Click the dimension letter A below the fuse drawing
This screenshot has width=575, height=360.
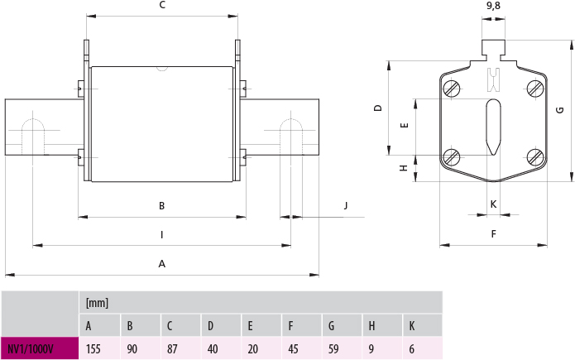pyautogui.click(x=162, y=264)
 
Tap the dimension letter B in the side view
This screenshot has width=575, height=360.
pyautogui.click(x=162, y=206)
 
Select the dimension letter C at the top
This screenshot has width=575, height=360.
pyautogui.click(x=162, y=5)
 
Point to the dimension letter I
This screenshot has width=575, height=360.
pyautogui.click(x=162, y=235)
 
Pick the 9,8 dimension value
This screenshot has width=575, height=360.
pyautogui.click(x=493, y=6)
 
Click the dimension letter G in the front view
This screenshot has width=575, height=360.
pyautogui.click(x=560, y=110)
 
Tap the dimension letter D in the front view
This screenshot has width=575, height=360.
pyautogui.click(x=376, y=108)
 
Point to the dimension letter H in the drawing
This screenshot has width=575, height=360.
pyautogui.click(x=403, y=168)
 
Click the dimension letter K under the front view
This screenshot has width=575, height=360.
pyautogui.click(x=493, y=204)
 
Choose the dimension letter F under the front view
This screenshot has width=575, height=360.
pyautogui.click(x=493, y=234)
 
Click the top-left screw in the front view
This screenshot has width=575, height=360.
pyautogui.click(x=452, y=89)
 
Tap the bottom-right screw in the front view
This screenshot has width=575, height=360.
pyautogui.click(x=534, y=156)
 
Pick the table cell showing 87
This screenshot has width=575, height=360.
pyautogui.click(x=174, y=348)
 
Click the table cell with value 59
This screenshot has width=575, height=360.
pyautogui.click(x=335, y=348)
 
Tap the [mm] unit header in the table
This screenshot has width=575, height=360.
pyautogui.click(x=97, y=303)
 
